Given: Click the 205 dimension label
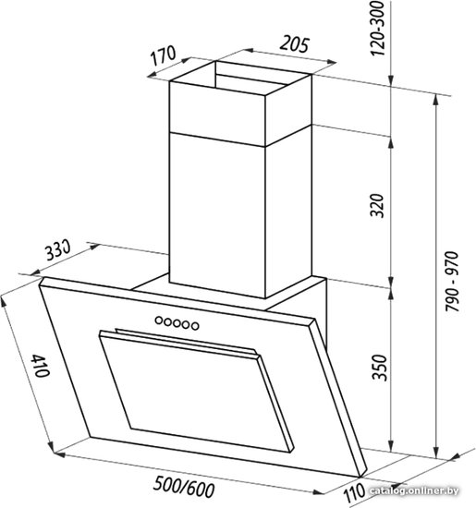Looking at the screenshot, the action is click(295, 44).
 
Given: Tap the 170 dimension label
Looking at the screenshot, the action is click(163, 56).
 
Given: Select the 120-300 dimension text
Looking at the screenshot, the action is click(377, 29).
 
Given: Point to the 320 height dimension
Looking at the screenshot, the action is click(377, 205).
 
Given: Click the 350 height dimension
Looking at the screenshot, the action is click(379, 368).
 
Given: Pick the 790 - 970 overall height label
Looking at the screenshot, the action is click(452, 281).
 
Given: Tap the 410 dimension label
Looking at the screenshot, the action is click(41, 366).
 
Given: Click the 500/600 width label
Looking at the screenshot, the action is click(184, 487).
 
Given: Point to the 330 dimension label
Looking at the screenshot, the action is click(56, 250).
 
